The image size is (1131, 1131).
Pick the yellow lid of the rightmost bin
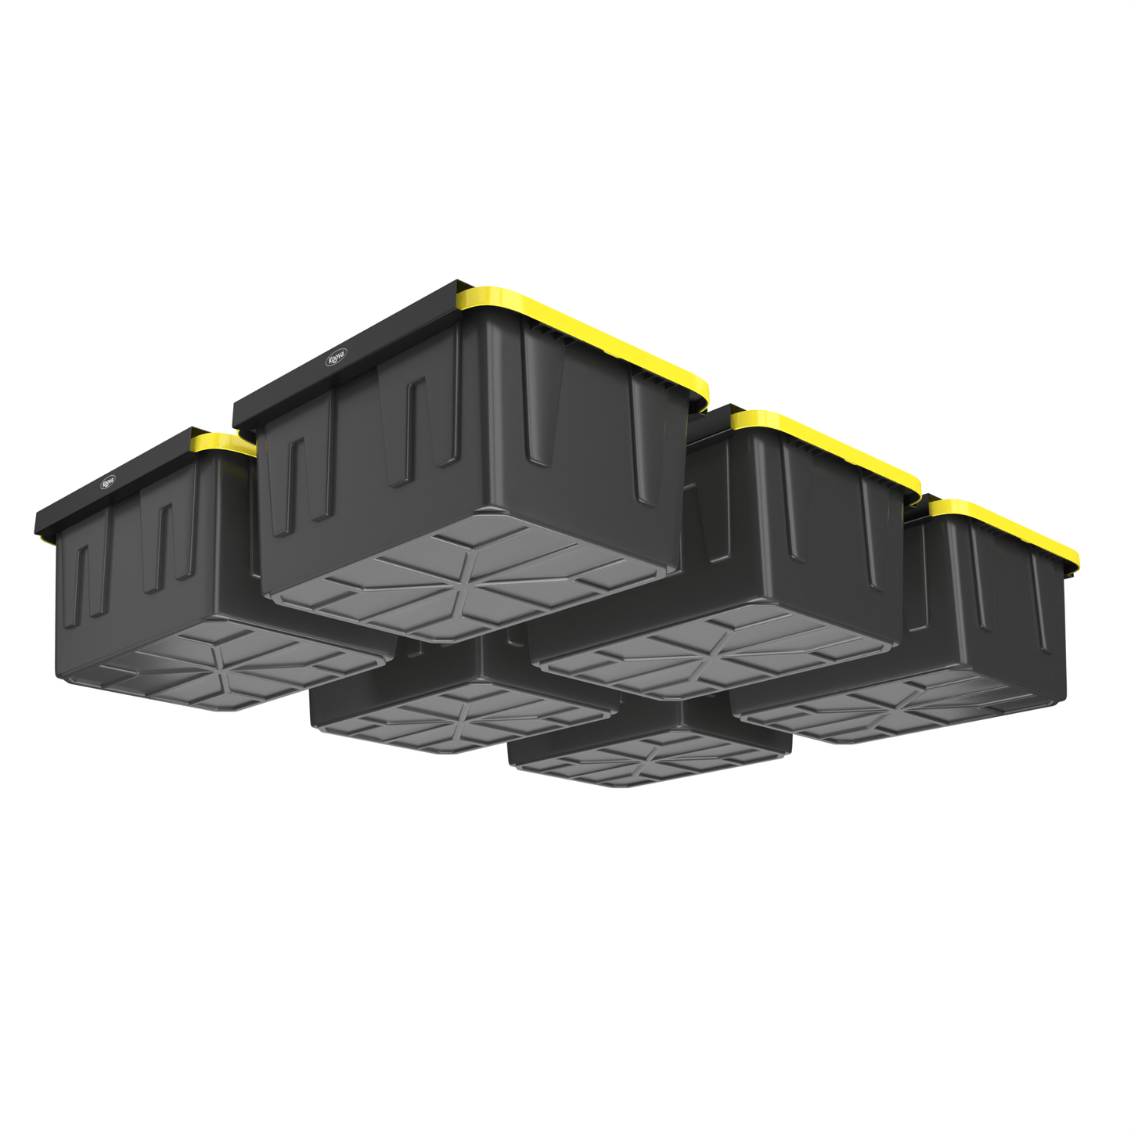point(1010,524)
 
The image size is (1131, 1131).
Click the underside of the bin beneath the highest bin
point(462,716)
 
